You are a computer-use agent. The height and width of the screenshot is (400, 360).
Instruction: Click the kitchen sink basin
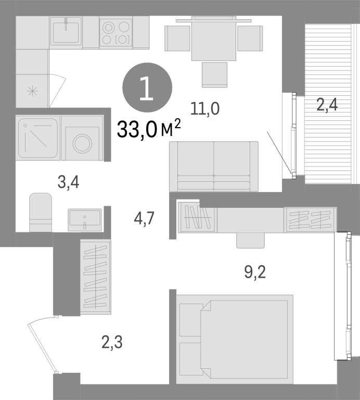(66, 32)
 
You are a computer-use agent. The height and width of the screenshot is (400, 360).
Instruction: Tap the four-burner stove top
(115, 33)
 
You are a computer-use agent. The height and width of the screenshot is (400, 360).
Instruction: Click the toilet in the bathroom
(41, 213)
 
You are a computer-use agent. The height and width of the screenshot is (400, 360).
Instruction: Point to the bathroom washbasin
(85, 220)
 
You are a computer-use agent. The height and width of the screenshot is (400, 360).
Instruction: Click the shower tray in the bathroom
(37, 138)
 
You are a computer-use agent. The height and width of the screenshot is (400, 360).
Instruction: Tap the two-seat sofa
(214, 166)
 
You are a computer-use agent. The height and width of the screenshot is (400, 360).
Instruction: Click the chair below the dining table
(214, 75)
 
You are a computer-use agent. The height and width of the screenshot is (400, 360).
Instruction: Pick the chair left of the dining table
(177, 38)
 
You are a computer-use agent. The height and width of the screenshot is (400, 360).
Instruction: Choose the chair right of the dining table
(250, 38)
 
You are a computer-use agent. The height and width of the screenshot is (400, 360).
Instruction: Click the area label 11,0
(205, 109)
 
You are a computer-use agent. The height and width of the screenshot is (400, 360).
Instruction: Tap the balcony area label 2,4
(327, 105)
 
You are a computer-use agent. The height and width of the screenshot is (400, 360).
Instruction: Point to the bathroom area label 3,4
(69, 183)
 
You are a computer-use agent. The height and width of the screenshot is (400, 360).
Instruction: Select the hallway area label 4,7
(144, 219)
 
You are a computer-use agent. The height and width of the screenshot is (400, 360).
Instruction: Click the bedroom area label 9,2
(255, 272)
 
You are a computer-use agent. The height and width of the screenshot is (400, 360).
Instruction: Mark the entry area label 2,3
(112, 342)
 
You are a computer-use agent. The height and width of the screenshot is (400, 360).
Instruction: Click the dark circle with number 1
(147, 87)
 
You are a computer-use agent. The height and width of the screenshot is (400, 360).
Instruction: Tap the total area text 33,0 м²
(149, 129)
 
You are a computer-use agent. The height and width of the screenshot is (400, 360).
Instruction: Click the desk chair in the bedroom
(250, 240)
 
